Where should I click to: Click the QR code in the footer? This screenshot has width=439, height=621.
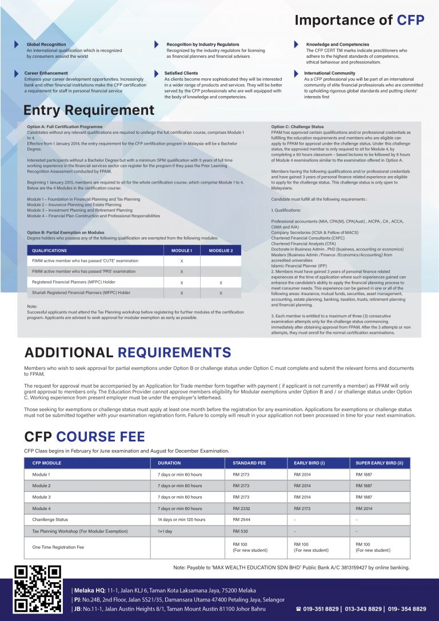[x=37, y=589]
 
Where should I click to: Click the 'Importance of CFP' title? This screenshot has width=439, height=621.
[x=359, y=21]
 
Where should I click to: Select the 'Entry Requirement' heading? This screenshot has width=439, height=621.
[x=89, y=110]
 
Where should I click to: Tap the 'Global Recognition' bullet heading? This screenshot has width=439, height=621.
[x=46, y=44]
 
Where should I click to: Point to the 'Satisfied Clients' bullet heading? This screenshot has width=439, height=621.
[x=181, y=73]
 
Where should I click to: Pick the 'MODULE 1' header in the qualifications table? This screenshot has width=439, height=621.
[x=182, y=250]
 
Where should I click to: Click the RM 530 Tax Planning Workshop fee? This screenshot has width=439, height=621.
[x=240, y=531]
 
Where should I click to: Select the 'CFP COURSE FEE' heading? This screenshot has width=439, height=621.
[x=85, y=437]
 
